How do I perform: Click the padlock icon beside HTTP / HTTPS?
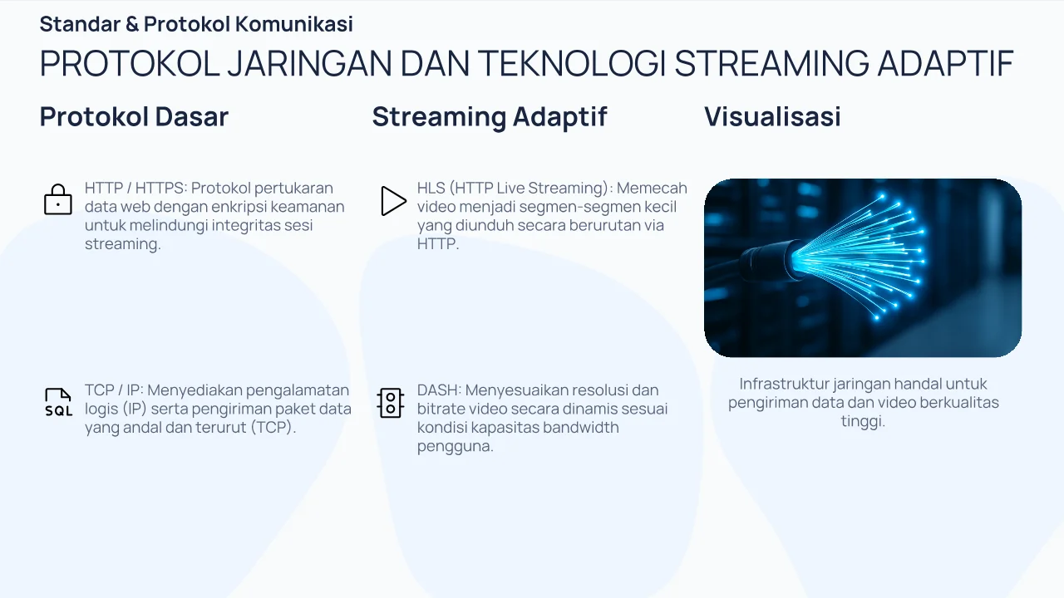(58, 200)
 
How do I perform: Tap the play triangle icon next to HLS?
(393, 201)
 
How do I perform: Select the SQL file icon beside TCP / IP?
(58, 403)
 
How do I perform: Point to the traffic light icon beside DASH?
(391, 403)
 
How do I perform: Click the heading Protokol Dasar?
(134, 117)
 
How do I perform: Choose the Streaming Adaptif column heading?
(490, 117)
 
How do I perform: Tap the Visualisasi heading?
(772, 117)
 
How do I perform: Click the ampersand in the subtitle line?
(132, 24)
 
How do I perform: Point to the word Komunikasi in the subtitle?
(294, 24)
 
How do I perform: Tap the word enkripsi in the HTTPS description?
(241, 207)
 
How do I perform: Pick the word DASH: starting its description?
(440, 390)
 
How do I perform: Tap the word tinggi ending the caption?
(863, 421)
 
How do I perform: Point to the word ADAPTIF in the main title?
(946, 63)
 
